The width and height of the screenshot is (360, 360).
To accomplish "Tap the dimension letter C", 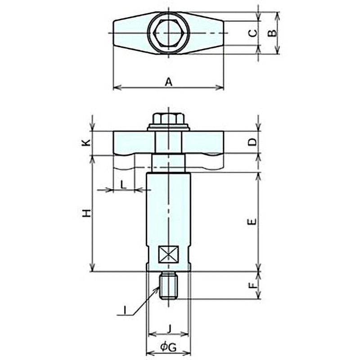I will pos(253,33).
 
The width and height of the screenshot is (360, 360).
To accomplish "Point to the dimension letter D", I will pos(253,142).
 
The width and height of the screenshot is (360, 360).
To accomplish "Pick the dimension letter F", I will pos(253,284).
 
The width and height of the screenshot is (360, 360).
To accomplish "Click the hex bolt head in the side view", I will pos(169,120).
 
